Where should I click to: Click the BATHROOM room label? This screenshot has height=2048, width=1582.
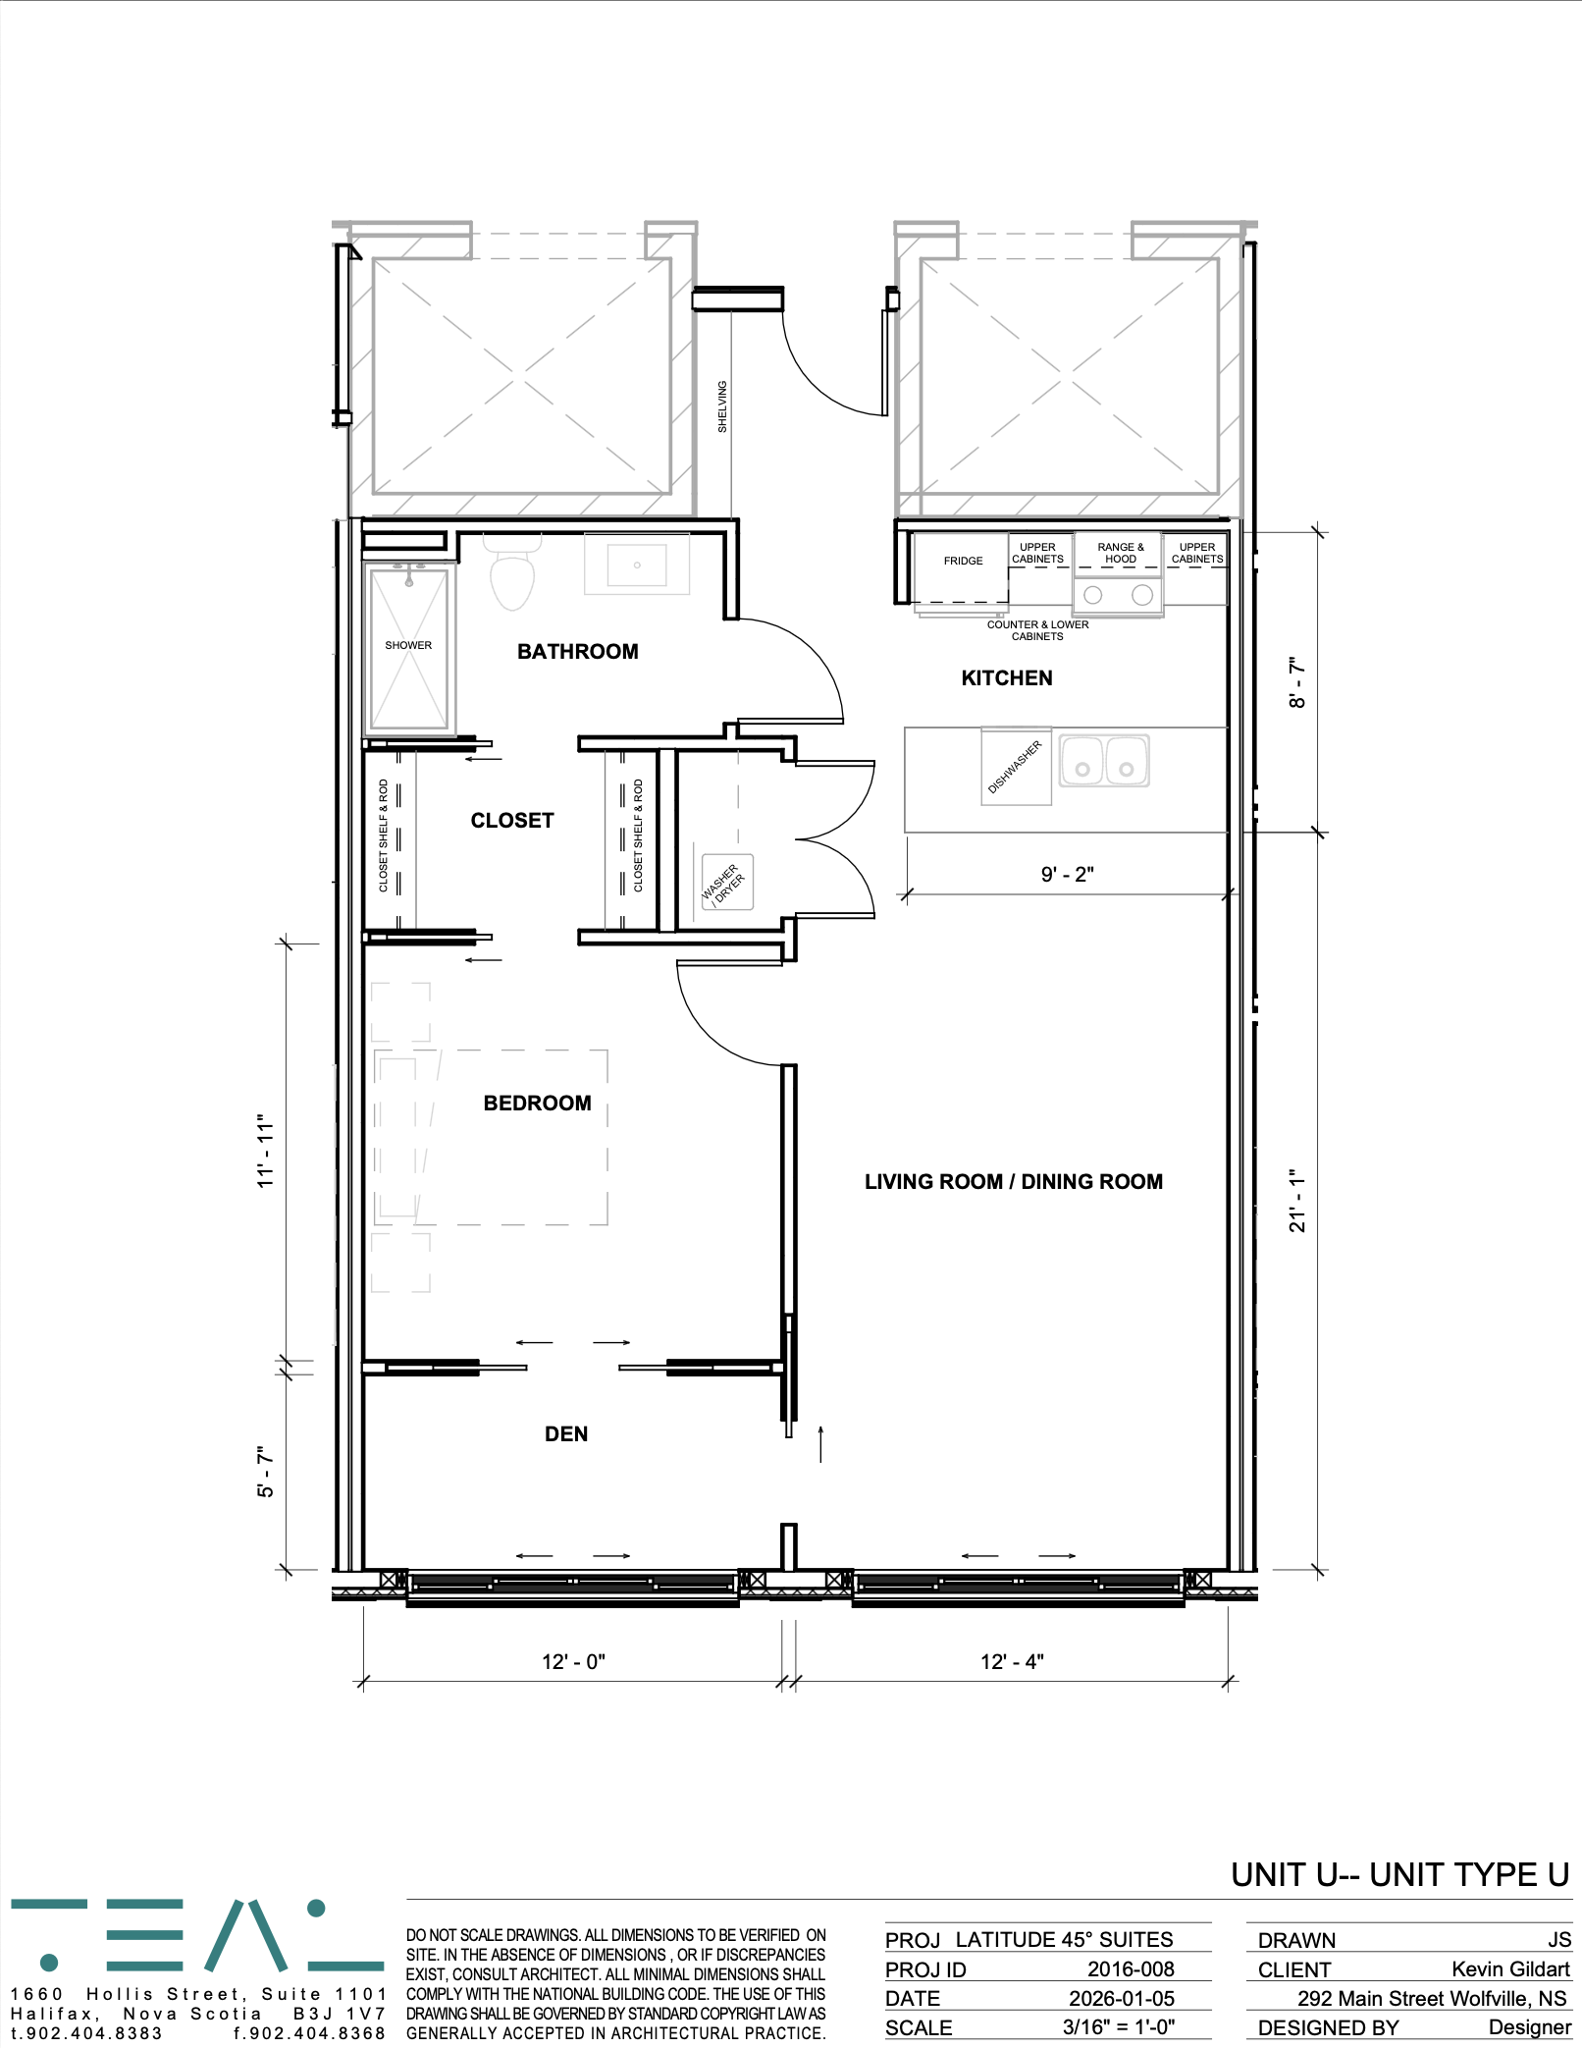tap(577, 652)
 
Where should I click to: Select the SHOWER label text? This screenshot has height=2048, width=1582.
tap(408, 645)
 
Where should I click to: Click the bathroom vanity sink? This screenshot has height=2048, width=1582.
tap(637, 565)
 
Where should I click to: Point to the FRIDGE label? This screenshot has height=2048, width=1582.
tap(963, 561)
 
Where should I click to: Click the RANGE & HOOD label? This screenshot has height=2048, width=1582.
tap(1120, 553)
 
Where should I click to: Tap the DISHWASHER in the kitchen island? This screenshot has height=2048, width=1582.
tap(1016, 767)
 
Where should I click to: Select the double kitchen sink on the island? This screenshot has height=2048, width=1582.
tap(1104, 761)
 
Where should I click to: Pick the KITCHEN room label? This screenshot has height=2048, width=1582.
tap(1007, 678)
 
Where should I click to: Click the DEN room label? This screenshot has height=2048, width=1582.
tap(566, 1434)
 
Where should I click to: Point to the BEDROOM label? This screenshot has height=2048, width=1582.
tap(537, 1104)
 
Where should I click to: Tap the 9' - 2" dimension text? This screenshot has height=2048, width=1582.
tap(1067, 874)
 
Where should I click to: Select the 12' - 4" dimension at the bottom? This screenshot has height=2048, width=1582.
tap(1012, 1661)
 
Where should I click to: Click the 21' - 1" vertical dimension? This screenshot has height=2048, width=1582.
tap(1298, 1200)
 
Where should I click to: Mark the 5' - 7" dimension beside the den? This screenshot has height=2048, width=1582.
tap(266, 1471)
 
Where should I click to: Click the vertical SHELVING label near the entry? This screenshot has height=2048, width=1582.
tap(722, 406)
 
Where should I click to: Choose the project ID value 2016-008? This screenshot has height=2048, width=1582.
tap(1131, 1968)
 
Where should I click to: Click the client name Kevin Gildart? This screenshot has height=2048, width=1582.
tap(1510, 1968)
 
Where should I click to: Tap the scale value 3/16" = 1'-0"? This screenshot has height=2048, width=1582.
tap(1118, 2026)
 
